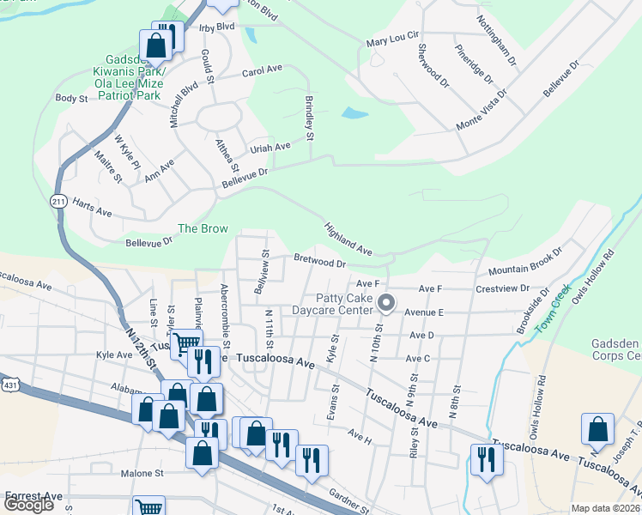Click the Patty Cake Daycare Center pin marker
point(386,303)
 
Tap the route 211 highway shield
point(56,201)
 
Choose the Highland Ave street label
point(348,239)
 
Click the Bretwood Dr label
point(319,259)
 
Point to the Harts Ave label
point(93,211)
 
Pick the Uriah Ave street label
point(270,147)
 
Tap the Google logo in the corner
point(28,505)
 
